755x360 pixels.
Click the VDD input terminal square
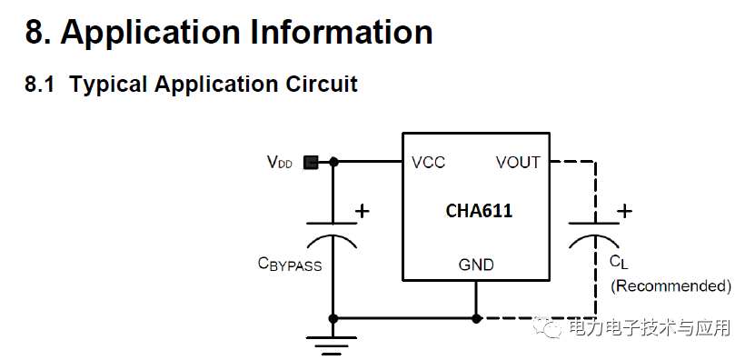point(311,163)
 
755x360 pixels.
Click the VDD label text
point(279,164)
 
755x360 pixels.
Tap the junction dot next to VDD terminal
point(333,163)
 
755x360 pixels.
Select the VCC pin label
point(428,163)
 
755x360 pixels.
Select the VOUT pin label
point(518,163)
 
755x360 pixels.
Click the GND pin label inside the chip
point(476,265)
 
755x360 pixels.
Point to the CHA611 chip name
point(479,211)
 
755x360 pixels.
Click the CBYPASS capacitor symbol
point(333,232)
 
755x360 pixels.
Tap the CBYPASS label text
point(290,265)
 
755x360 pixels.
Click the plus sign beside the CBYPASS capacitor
point(363,211)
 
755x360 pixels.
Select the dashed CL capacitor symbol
point(594,232)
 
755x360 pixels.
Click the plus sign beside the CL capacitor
point(624,211)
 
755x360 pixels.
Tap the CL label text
point(618,263)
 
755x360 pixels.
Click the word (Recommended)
point(671,285)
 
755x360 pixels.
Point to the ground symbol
point(333,344)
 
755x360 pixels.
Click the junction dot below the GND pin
point(476,318)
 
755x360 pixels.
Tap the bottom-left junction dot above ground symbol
point(333,318)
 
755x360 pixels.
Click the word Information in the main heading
point(342,33)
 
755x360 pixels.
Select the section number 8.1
point(40,85)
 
